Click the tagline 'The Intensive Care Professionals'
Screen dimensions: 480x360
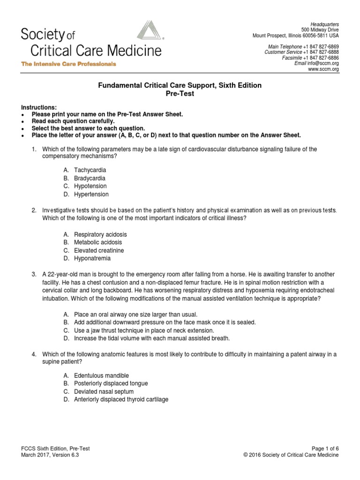click(68, 64)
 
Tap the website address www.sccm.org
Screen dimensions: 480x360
click(323, 69)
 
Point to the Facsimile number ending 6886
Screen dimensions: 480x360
click(323, 58)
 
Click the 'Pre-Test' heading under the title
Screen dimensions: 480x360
click(180, 94)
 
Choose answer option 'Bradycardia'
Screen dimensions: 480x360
click(90, 179)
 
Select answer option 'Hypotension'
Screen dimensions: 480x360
click(90, 187)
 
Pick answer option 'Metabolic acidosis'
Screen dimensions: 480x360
click(97, 242)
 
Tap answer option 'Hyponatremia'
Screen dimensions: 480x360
click(92, 258)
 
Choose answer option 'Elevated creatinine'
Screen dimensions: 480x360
click(99, 250)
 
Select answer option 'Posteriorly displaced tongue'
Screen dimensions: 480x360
click(111, 383)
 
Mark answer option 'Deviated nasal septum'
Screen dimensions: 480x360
click(104, 391)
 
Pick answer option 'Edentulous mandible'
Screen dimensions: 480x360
click(101, 375)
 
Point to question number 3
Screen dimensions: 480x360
click(34, 274)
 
